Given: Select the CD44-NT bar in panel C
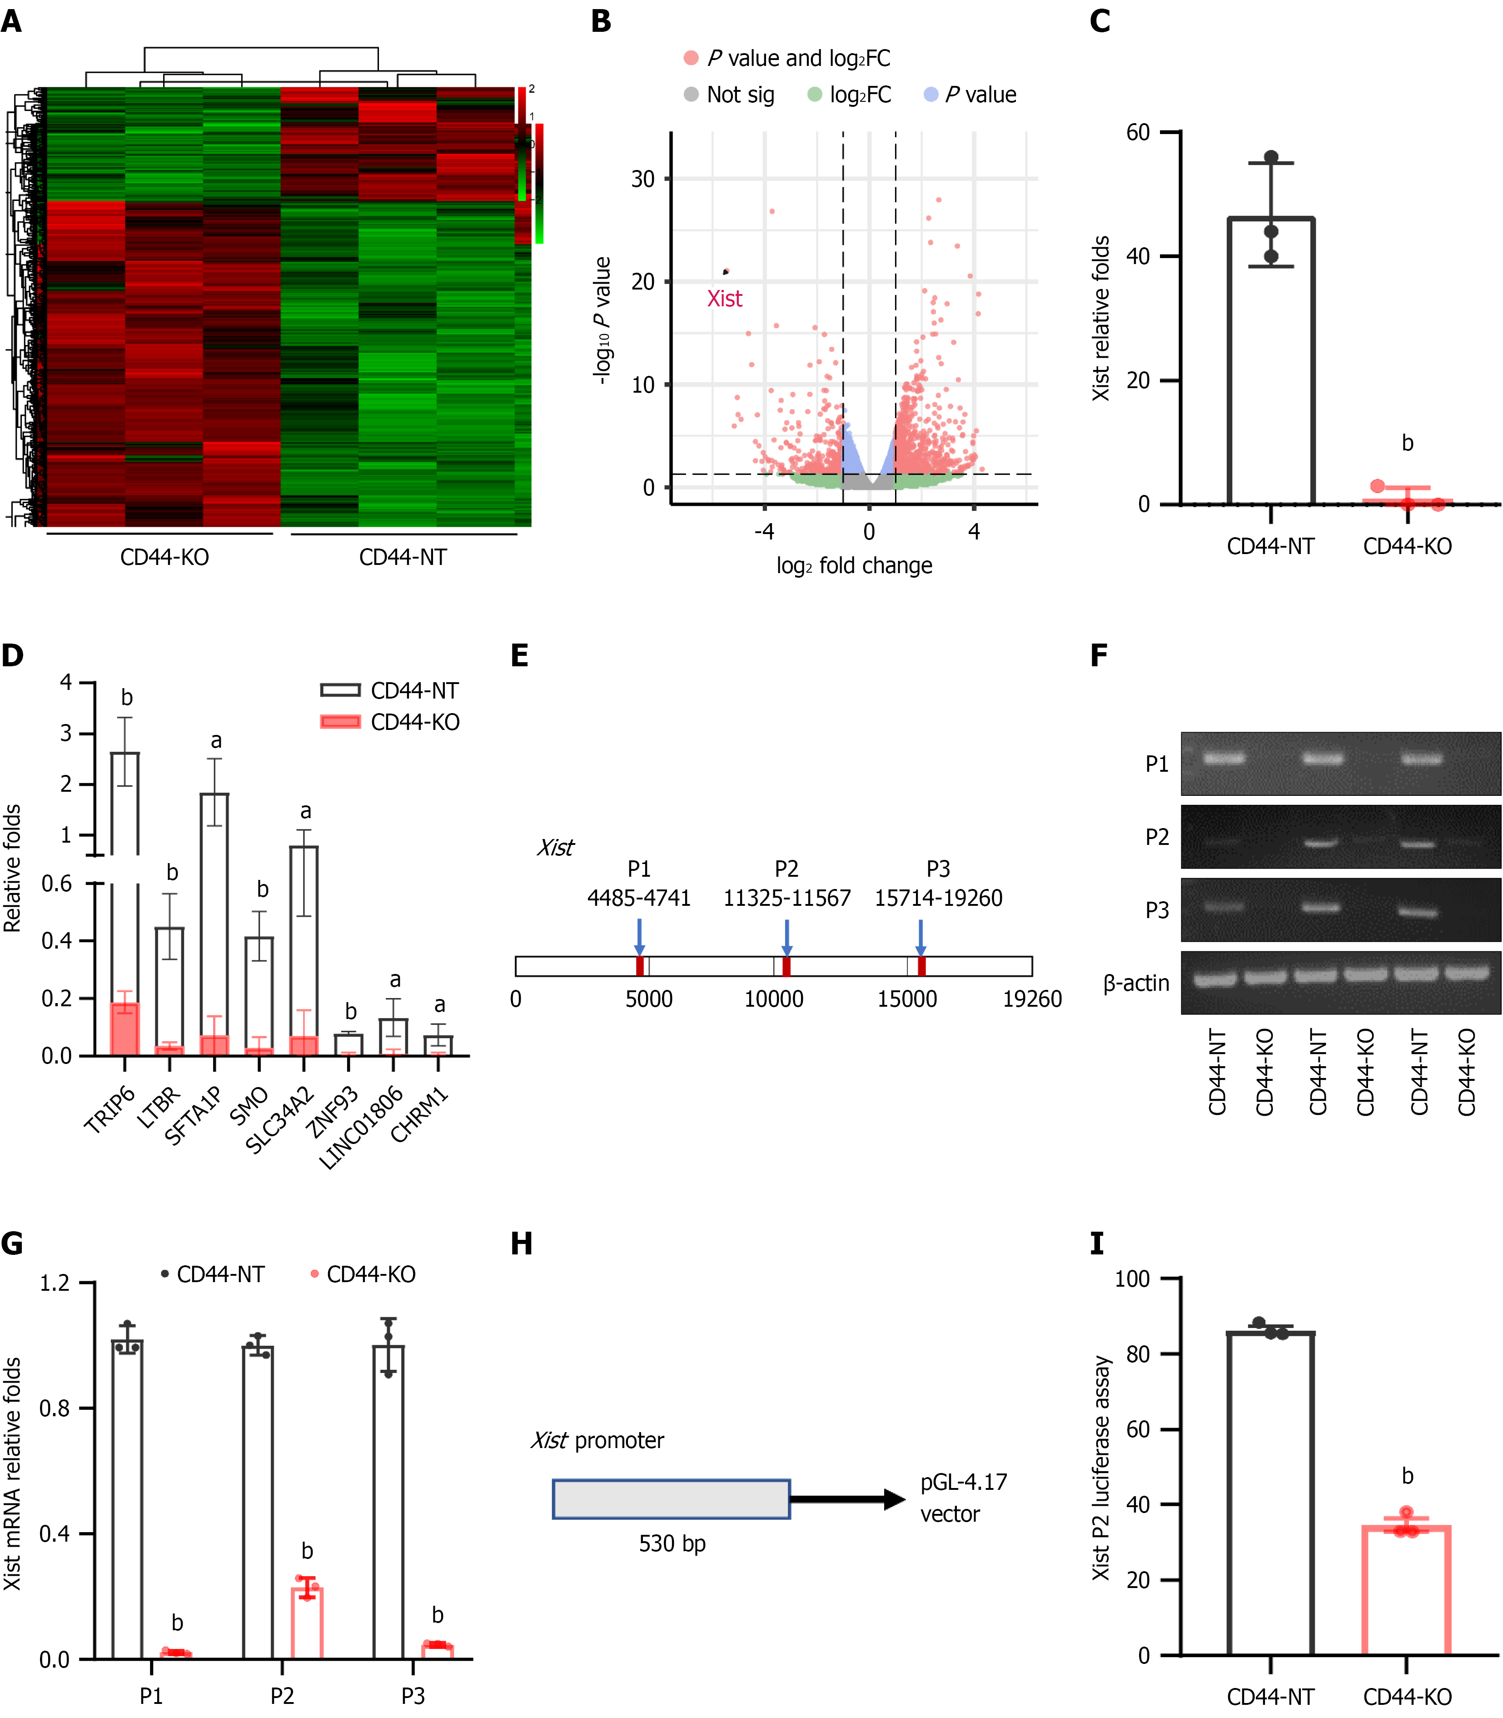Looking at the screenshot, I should tap(1271, 361).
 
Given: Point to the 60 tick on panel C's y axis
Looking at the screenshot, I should tap(1138, 133).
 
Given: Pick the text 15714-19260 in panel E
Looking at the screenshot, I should tap(939, 899).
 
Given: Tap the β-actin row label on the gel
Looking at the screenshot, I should tap(1136, 983).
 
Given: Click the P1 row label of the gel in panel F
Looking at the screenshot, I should tap(1157, 764).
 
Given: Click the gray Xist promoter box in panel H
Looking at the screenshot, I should tap(671, 1499).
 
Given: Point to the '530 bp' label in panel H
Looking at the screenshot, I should tap(672, 1543).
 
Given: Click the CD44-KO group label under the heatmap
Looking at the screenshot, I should tap(164, 558).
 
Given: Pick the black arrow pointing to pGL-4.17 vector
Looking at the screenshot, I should tap(847, 1499).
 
